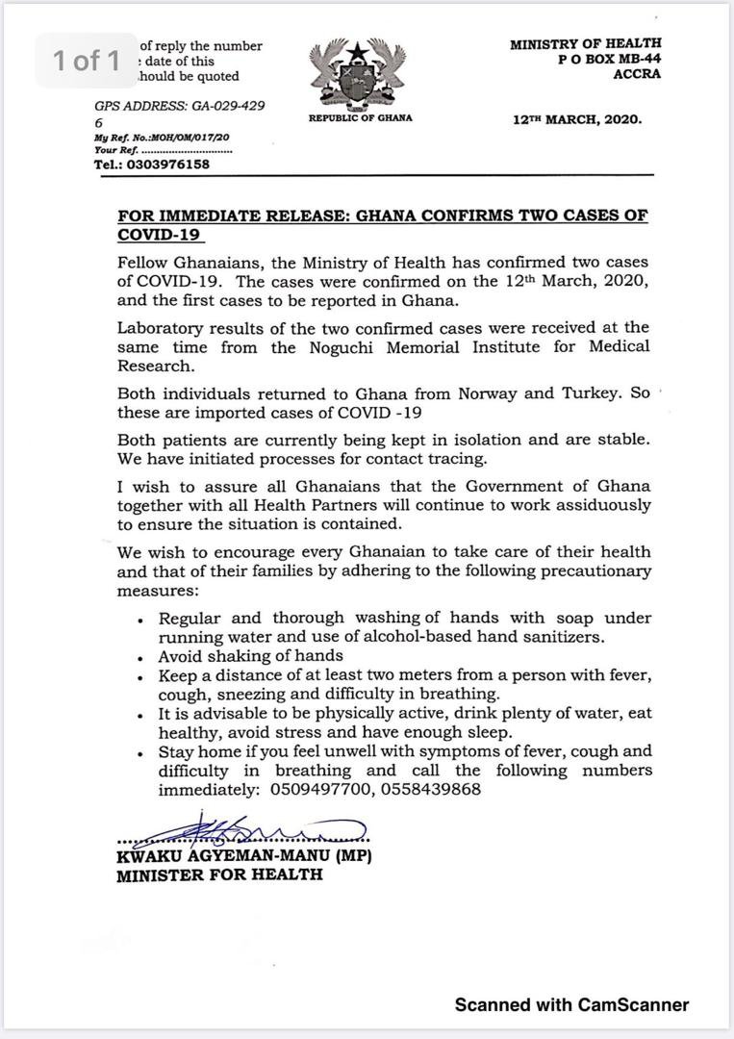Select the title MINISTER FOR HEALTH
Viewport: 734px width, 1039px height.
(219, 875)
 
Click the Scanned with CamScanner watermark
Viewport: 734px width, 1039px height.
(571, 1004)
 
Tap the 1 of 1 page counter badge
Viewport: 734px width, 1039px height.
(87, 61)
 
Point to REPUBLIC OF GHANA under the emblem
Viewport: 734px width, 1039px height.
(360, 118)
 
